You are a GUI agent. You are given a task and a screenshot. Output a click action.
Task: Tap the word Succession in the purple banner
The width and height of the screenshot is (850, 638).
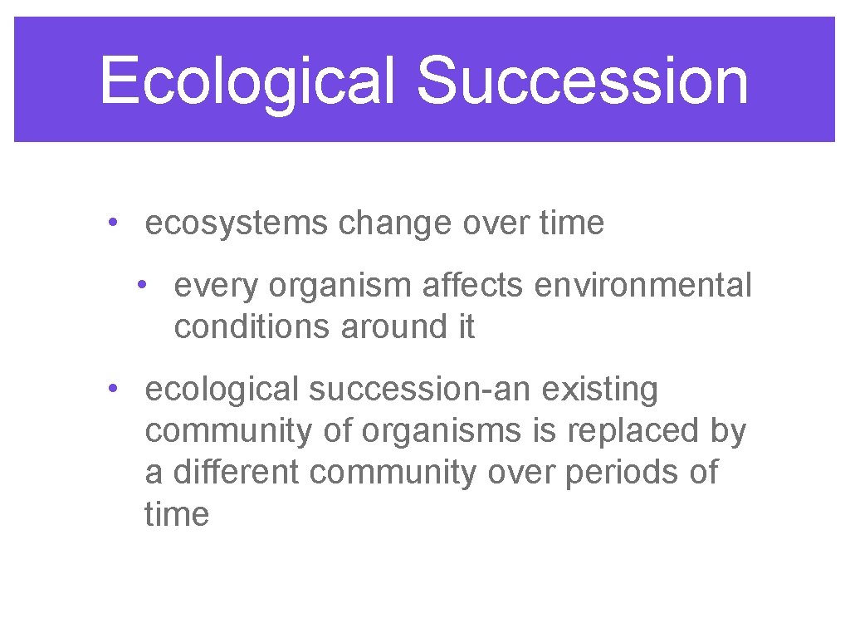tap(582, 81)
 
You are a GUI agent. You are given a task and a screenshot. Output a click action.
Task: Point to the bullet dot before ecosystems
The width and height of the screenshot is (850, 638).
tap(110, 223)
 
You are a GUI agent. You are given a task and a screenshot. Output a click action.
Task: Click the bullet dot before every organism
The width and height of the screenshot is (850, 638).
tap(144, 285)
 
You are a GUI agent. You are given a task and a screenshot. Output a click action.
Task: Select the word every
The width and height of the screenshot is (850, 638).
tap(211, 286)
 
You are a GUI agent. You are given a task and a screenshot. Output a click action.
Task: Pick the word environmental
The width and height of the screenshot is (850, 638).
tap(643, 286)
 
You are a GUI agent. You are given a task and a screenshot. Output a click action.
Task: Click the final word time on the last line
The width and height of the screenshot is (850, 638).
tap(177, 514)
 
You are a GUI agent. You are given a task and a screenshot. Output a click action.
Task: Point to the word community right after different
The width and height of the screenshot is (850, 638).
tap(394, 473)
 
